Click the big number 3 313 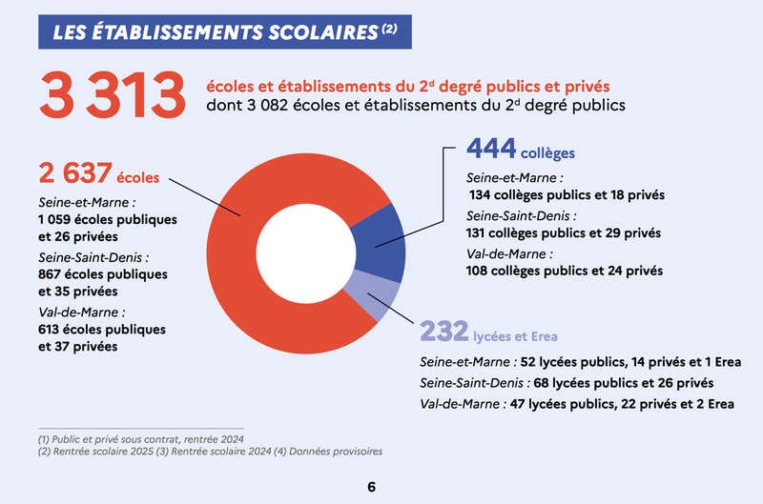110,94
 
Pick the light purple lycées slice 376,292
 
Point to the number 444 491,149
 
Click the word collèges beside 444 547,152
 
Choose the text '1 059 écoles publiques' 108,220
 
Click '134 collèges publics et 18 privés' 567,194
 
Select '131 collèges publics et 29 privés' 564,232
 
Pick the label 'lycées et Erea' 516,336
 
